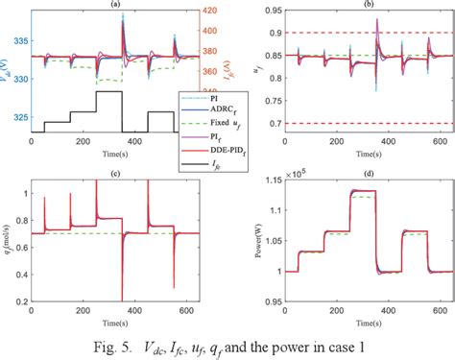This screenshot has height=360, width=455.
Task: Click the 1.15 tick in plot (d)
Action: pyautogui.click(x=268, y=184)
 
